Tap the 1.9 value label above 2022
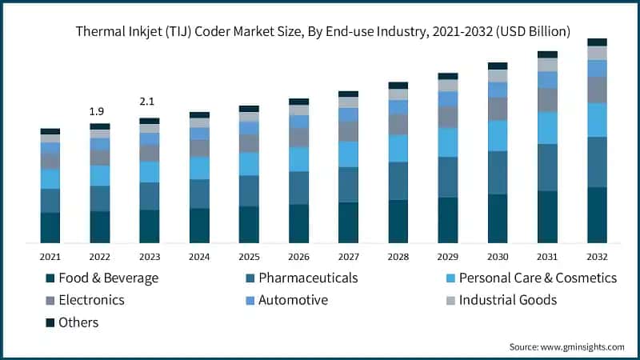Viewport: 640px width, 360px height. pos(99,110)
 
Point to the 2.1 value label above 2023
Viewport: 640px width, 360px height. pos(149,102)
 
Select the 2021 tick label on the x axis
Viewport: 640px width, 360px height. pos(50,257)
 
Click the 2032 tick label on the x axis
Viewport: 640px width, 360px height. pos(597,257)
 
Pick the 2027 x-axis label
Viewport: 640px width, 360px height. pos(348,257)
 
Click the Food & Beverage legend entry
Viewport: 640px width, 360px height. pos(102,278)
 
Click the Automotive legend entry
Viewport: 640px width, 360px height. pos(292,301)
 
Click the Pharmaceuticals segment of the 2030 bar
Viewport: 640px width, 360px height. pos(498,173)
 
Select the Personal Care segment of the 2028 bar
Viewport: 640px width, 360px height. pos(398,148)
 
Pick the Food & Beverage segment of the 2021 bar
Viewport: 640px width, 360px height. pos(50,227)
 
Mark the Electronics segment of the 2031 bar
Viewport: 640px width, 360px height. pos(547,100)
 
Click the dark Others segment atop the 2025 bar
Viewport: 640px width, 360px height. pos(249,109)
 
